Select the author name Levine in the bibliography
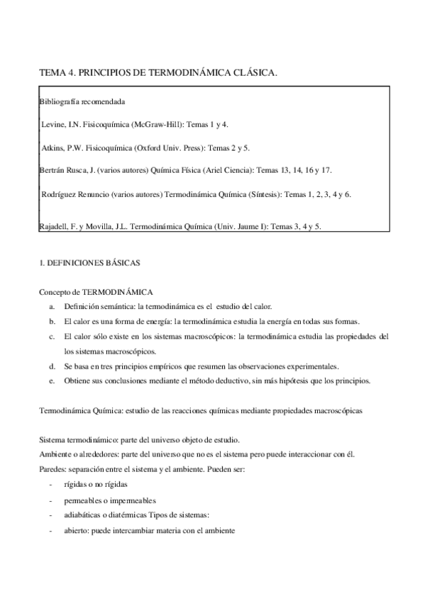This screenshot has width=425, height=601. [x=54, y=125]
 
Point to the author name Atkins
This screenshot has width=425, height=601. [x=55, y=147]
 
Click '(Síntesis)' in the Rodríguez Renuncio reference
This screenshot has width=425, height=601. [x=260, y=193]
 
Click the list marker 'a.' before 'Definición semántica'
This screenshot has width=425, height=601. [x=53, y=305]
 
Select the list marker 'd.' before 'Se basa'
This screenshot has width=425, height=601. [x=53, y=366]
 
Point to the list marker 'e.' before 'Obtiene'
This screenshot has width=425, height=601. [x=53, y=381]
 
